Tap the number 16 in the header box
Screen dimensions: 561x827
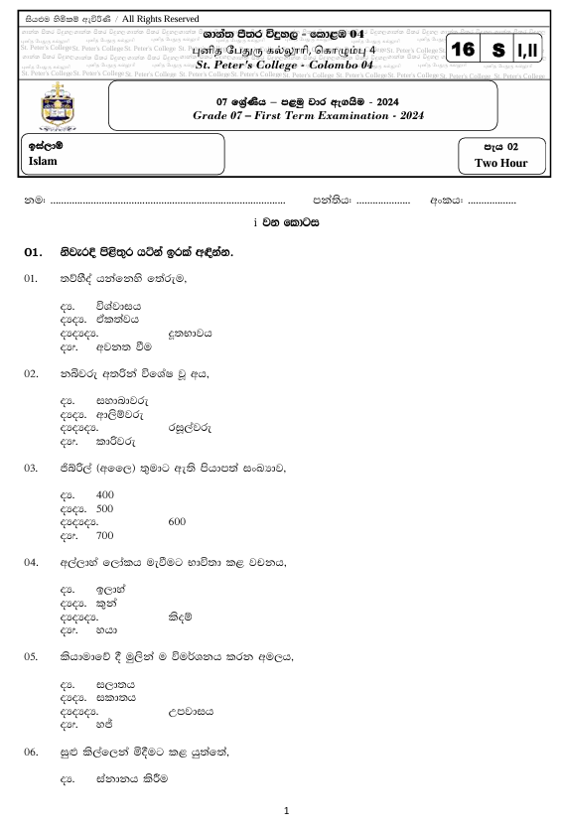click(463, 50)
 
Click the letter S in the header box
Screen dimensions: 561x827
click(496, 50)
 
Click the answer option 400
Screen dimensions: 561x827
click(105, 494)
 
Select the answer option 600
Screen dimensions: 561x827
click(178, 521)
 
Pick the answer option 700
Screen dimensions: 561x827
click(105, 535)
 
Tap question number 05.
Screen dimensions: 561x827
click(32, 657)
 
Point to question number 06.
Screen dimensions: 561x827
click(32, 754)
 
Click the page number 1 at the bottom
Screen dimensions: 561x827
click(286, 811)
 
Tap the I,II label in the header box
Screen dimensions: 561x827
click(529, 50)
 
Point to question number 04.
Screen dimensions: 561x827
click(32, 562)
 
